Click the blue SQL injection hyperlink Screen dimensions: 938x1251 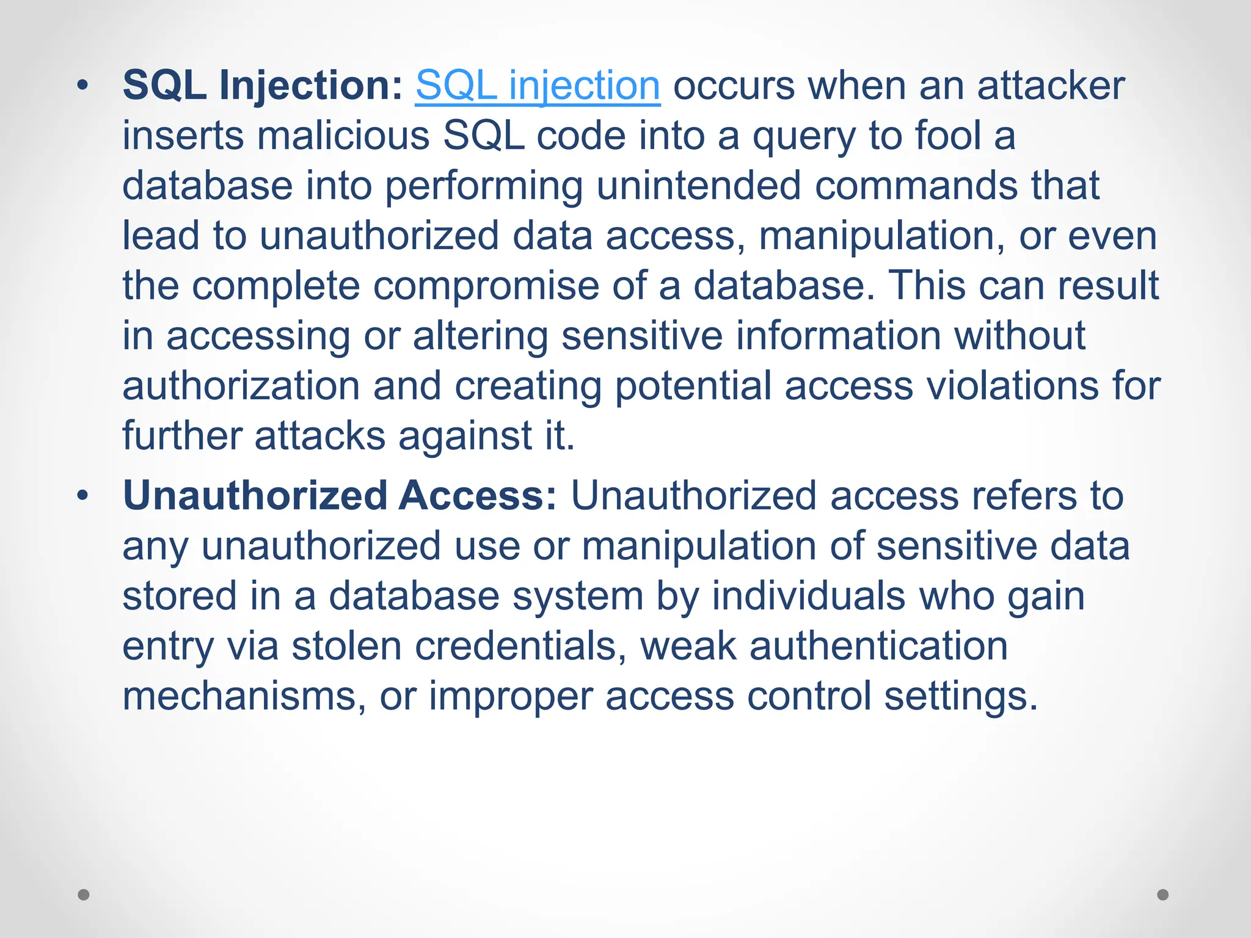[x=538, y=85]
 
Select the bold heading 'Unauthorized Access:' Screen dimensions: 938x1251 [x=340, y=495]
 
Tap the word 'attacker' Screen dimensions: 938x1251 [x=1051, y=85]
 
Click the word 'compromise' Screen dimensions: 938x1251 [x=486, y=286]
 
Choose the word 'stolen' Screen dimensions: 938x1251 [x=346, y=645]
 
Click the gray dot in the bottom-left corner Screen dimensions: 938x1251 [x=84, y=895]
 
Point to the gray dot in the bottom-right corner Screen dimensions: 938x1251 [x=1163, y=895]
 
